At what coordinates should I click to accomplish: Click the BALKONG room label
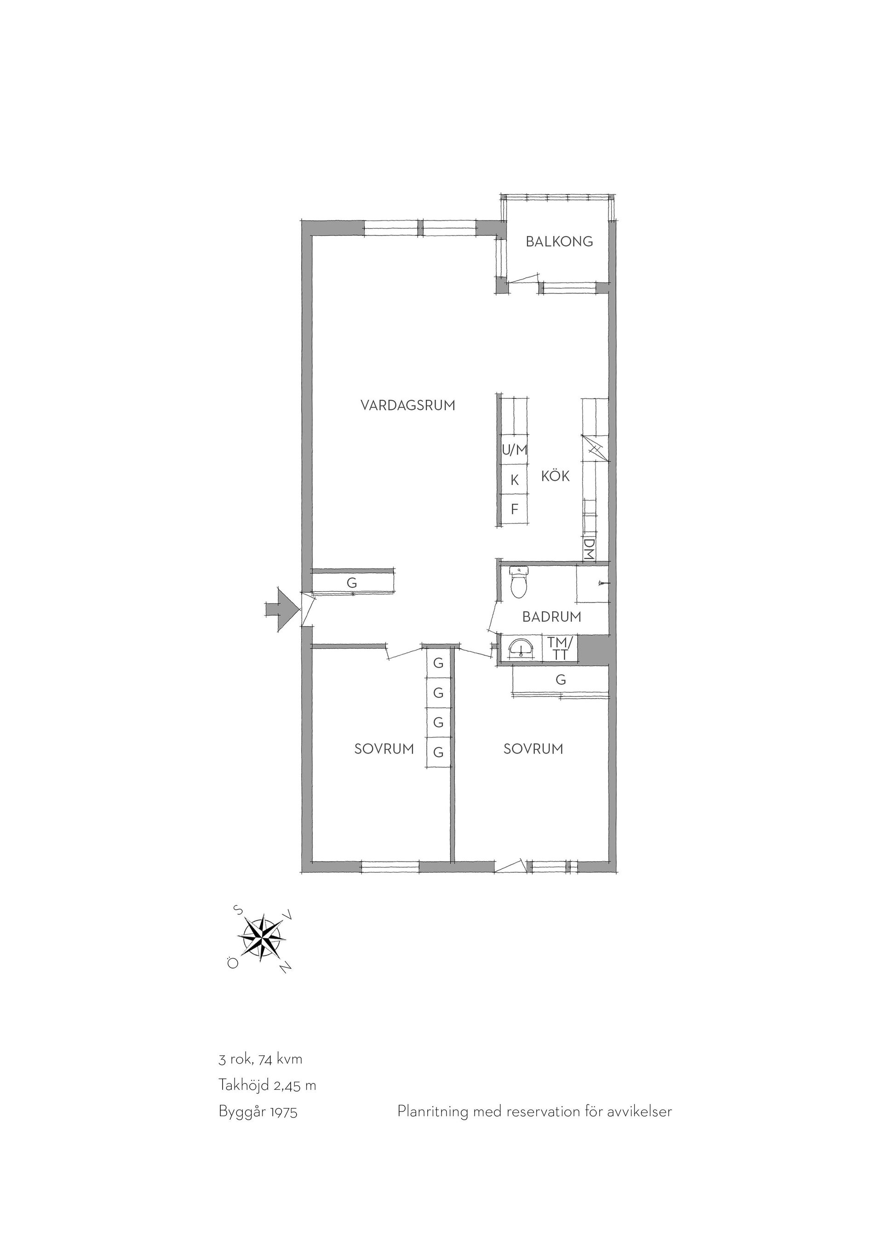click(x=559, y=242)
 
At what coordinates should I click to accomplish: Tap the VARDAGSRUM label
click(x=408, y=405)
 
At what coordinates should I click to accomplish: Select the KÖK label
click(x=555, y=476)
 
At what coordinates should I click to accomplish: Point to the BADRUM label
click(x=551, y=617)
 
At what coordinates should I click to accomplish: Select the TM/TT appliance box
click(x=561, y=649)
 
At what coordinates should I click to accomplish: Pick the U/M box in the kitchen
click(x=514, y=450)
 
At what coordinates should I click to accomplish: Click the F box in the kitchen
click(x=514, y=510)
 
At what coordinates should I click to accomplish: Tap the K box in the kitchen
click(x=514, y=479)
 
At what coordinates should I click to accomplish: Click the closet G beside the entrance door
click(x=352, y=582)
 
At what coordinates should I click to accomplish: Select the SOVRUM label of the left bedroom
click(x=384, y=749)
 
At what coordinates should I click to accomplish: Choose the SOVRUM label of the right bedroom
click(x=533, y=749)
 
